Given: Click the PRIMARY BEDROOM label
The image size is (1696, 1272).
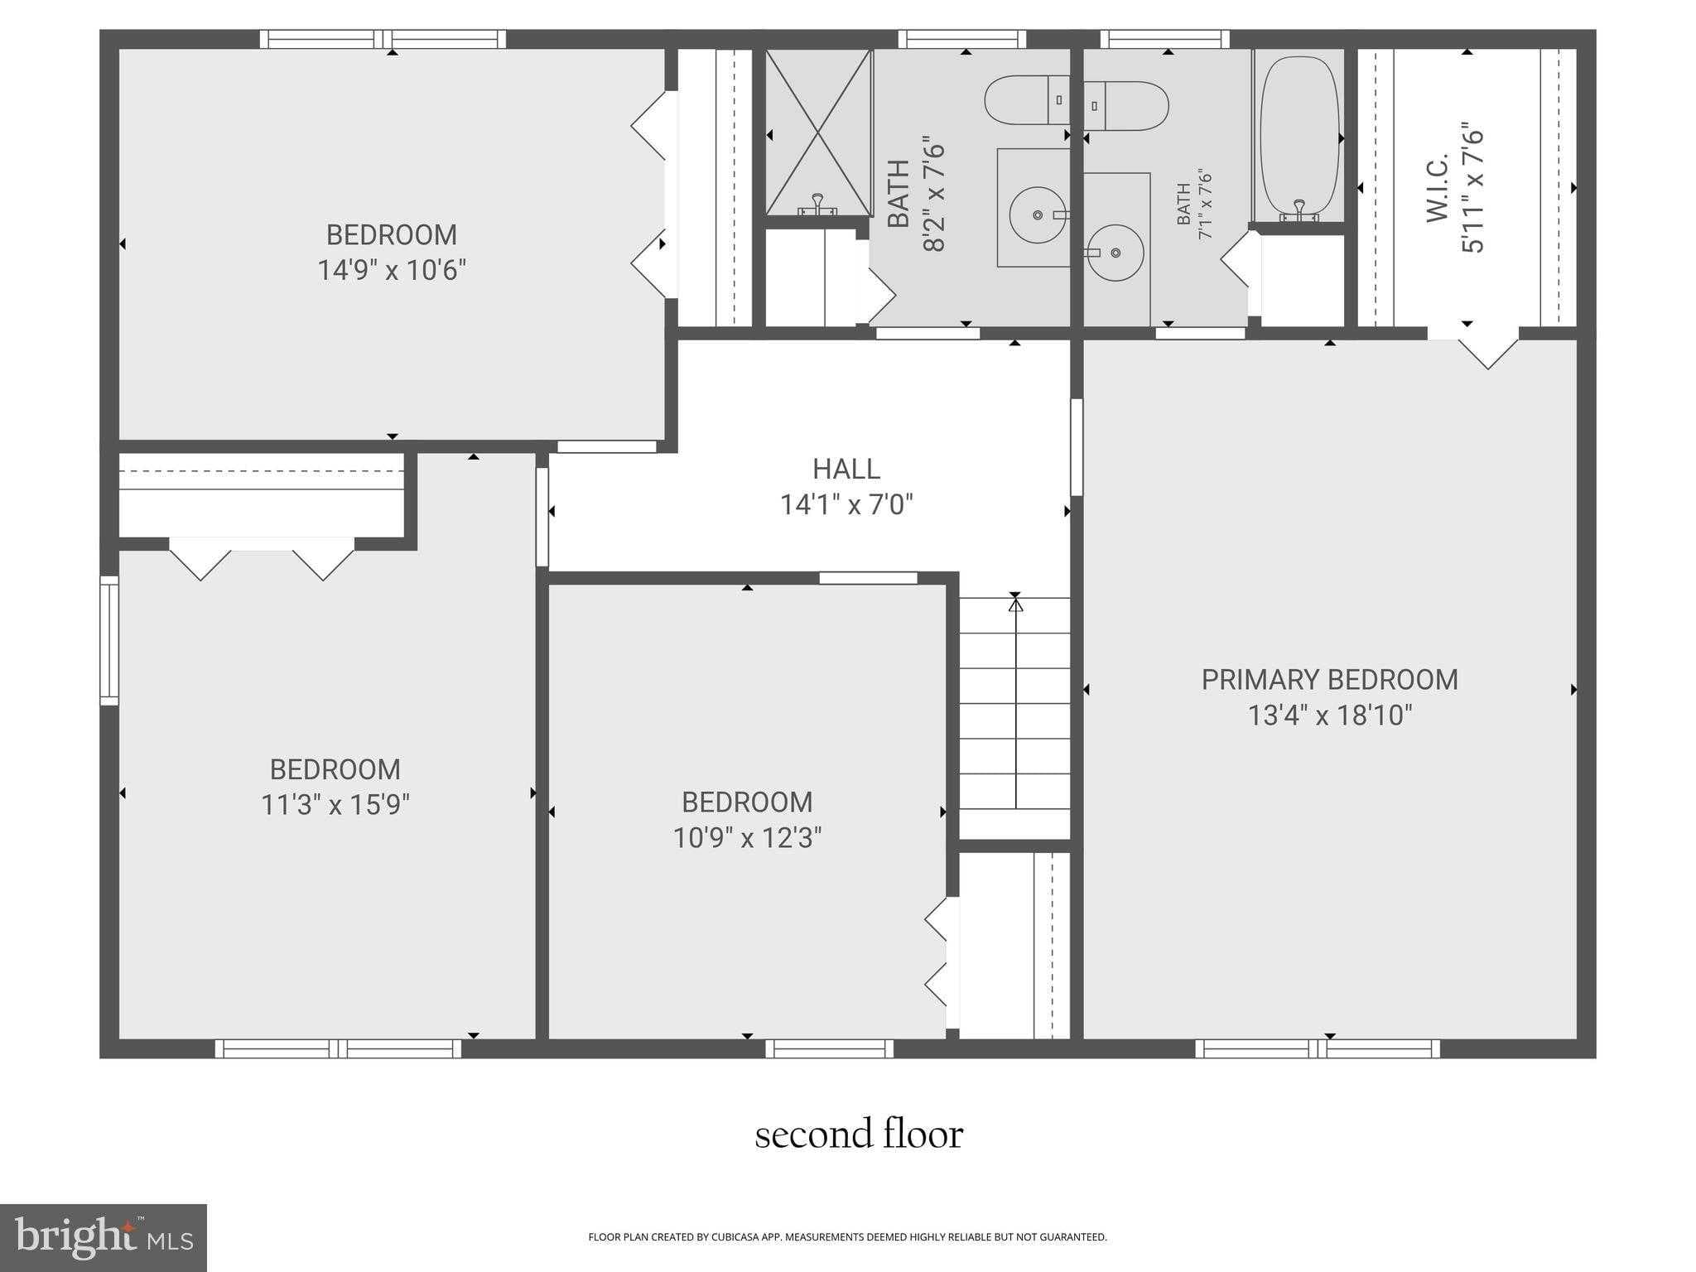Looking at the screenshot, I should click(x=1328, y=680).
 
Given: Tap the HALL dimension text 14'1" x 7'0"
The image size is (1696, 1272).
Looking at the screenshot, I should click(x=846, y=504).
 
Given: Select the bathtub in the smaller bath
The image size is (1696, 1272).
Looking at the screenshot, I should click(x=1298, y=137).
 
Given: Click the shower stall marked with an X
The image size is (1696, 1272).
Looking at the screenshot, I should click(x=817, y=132).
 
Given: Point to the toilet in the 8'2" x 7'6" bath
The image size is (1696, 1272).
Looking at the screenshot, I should click(x=1025, y=100).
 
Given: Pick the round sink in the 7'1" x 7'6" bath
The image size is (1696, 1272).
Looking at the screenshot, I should click(x=1115, y=253).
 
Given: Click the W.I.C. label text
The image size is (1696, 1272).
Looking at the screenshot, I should click(x=1437, y=188).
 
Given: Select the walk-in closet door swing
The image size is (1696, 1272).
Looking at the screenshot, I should click(x=1488, y=353).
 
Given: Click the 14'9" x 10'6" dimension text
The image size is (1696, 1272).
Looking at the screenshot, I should click(x=392, y=271).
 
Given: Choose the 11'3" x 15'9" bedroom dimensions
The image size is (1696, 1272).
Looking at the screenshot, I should click(x=335, y=805).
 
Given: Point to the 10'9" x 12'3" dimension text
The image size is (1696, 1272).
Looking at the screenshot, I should click(x=746, y=838).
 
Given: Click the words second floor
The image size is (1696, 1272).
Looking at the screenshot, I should click(x=859, y=1135).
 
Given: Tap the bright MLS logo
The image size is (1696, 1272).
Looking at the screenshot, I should click(x=104, y=1237).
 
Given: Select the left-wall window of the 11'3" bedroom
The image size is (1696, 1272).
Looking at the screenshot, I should click(x=109, y=641).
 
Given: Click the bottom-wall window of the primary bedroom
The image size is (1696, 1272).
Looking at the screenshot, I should click(x=1317, y=1049).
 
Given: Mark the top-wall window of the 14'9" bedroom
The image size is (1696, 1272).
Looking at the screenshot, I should click(x=383, y=39).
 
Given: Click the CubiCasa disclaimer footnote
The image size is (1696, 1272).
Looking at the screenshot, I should click(x=847, y=1237).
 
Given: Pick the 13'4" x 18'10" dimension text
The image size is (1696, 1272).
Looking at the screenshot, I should click(x=1329, y=715).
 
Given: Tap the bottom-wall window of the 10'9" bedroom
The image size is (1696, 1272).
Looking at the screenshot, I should click(x=829, y=1049).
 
